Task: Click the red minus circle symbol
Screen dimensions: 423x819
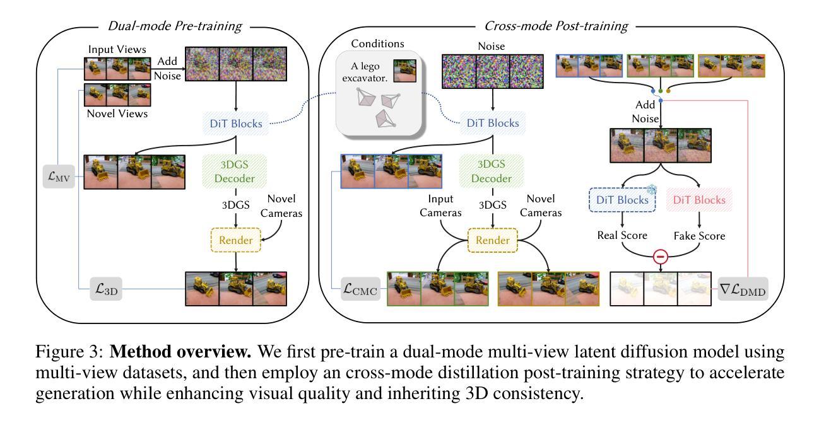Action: click(x=659, y=258)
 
